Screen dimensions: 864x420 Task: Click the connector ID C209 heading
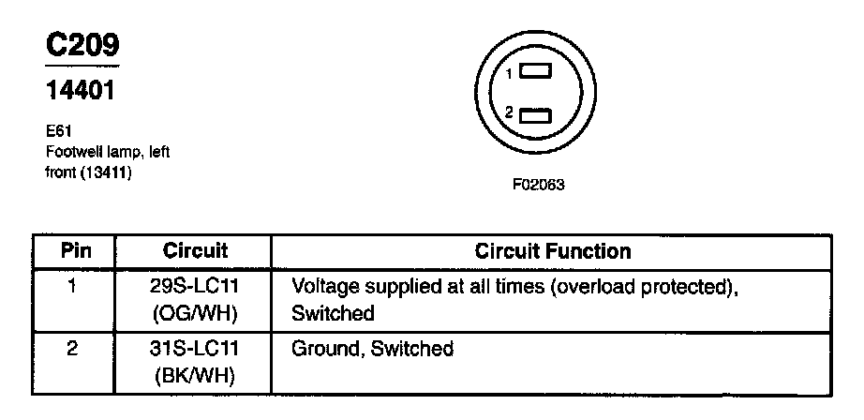pos(82,45)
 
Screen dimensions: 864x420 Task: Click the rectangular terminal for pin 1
pos(536,72)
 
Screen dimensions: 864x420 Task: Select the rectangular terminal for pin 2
pos(536,114)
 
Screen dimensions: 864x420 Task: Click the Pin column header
pos(75,251)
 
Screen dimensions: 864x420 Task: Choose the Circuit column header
pos(196,251)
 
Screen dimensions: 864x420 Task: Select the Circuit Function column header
pos(553,251)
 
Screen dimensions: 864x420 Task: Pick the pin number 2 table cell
pos(74,349)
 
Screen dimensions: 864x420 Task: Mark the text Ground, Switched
pos(372,349)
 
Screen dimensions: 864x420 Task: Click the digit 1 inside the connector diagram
pos(509,73)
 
